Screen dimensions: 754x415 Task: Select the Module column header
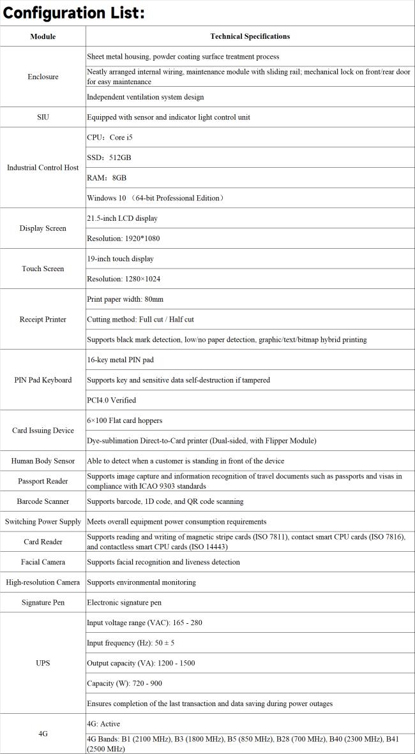(x=43, y=36)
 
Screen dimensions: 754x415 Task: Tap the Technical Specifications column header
(x=250, y=36)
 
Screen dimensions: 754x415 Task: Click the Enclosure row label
(x=43, y=77)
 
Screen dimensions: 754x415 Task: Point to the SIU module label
(x=43, y=117)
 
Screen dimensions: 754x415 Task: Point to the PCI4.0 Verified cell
(x=112, y=400)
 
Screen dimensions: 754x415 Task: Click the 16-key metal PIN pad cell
(x=120, y=360)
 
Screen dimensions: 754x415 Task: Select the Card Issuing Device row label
(x=43, y=431)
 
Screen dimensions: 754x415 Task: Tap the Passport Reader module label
(x=43, y=481)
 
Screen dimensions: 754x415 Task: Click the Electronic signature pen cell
(x=124, y=602)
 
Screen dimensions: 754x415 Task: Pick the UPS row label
(x=43, y=663)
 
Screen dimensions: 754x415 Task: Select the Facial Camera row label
(x=43, y=562)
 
